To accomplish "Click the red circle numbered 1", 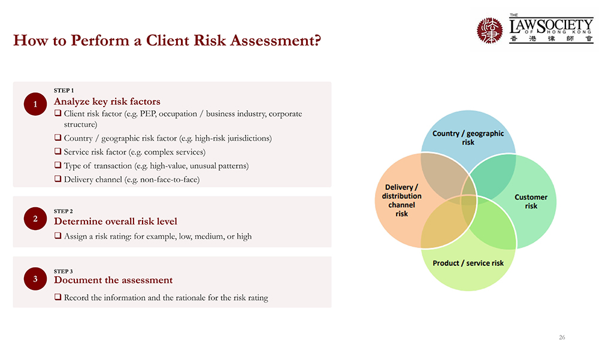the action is (35, 104).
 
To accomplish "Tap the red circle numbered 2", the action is (35, 219).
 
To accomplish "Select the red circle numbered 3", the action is (35, 279).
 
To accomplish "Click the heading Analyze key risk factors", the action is (107, 102).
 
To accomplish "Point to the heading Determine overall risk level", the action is (116, 221).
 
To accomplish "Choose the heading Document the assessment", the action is (113, 280).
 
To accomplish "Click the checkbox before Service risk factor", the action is (58, 152).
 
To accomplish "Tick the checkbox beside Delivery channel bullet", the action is (58, 179).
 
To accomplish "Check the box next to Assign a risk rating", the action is (58, 236).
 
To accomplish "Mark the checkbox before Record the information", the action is (58, 297).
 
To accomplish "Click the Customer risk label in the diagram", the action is (531, 201).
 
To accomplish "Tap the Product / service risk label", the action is (468, 263).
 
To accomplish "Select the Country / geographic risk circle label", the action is (468, 138).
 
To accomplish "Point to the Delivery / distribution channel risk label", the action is (401, 200).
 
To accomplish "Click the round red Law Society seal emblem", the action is (490, 30).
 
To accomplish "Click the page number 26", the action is (562, 337).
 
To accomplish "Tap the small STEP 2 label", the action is (63, 211).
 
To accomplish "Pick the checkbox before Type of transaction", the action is (58, 165).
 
